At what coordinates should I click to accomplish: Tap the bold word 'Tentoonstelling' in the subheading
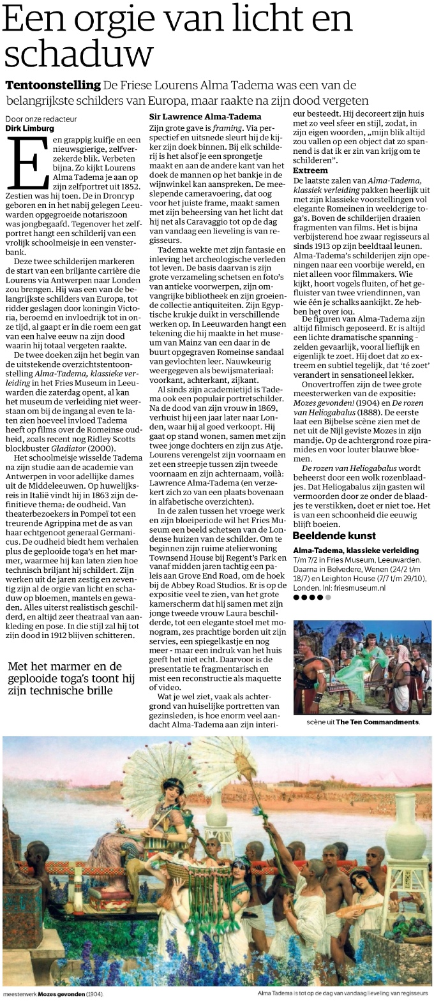tap(53, 85)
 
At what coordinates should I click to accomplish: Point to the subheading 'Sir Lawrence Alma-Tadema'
tap(196, 117)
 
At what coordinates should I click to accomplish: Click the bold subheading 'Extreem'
tap(311, 170)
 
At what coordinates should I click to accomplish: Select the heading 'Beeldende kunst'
tap(334, 535)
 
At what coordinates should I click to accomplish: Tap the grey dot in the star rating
tap(328, 598)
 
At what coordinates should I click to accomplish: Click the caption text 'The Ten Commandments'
tap(377, 722)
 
